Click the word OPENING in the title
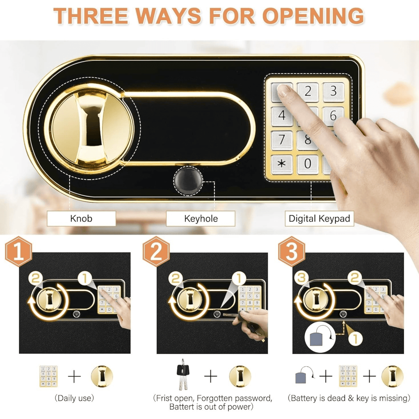coord(313,16)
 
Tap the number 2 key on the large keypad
coord(308,92)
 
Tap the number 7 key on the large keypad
coord(282,140)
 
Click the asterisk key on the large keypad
coord(282,164)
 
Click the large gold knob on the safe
coord(89,129)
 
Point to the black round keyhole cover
coord(188,181)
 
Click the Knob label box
coord(81,219)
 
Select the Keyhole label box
coord(201,219)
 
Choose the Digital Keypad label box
coord(319,219)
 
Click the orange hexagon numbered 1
coord(19,252)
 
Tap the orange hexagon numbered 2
coord(156,252)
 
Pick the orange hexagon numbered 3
coord(292,252)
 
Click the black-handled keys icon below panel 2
coord(183,375)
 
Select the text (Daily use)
coord(74,398)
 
